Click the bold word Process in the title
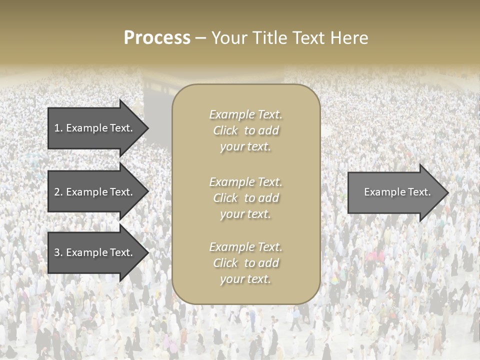pos(157,38)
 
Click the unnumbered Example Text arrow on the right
pos(395,192)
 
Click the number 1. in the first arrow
pos(58,128)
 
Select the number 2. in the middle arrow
pos(58,192)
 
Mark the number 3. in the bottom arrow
pos(58,252)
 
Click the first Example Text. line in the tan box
pos(245,114)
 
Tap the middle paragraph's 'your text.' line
pos(245,214)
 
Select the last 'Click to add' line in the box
pos(245,263)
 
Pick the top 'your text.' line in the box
pos(245,146)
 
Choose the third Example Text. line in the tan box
pos(245,247)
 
